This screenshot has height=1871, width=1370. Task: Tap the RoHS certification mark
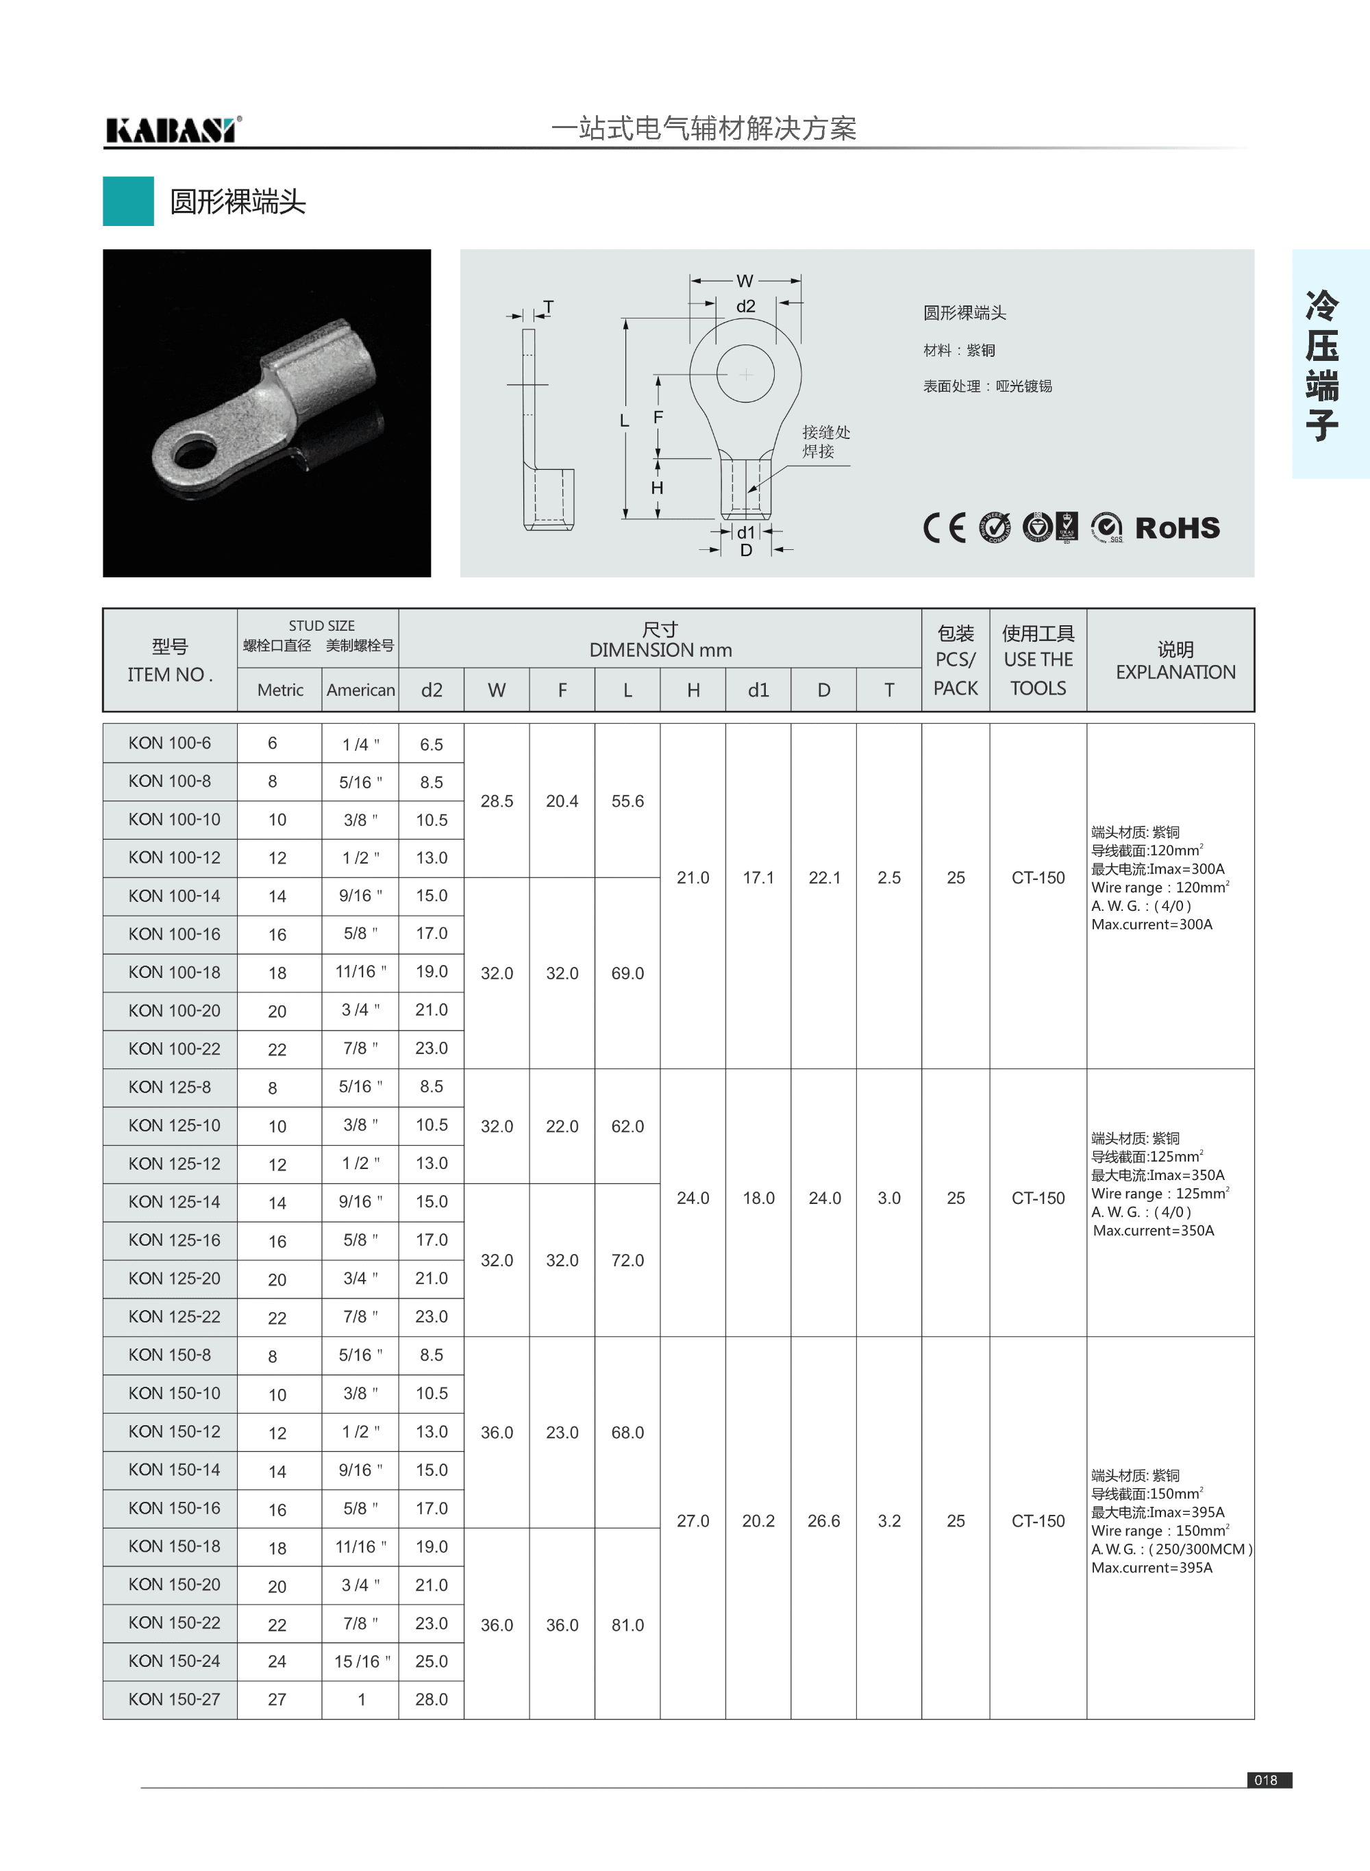[1177, 528]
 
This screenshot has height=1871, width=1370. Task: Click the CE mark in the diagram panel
[945, 528]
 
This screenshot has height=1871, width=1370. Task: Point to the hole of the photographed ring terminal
[192, 454]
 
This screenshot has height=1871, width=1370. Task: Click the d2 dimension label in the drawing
[745, 307]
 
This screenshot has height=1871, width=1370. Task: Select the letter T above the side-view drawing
[548, 307]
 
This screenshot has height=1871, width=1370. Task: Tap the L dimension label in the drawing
[625, 421]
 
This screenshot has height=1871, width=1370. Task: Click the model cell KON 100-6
[170, 743]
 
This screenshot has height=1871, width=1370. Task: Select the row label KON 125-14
[174, 1201]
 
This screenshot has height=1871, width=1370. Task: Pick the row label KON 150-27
[174, 1698]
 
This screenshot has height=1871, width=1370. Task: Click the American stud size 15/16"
[362, 1661]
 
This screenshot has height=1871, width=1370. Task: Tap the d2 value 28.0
[432, 1698]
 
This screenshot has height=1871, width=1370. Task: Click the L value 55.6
[627, 801]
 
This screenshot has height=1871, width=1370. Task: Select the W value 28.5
[497, 801]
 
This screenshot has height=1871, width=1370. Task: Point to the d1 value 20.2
[758, 1520]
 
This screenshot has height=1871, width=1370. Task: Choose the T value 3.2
[889, 1520]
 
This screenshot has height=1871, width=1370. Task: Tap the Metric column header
[280, 690]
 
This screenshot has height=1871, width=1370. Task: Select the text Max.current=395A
[1152, 1568]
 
